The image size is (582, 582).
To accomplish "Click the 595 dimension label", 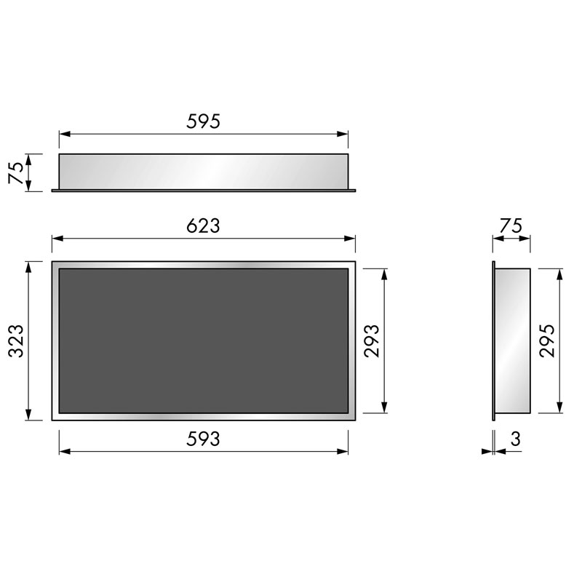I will coord(203,121).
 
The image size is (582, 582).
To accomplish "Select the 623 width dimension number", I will coord(203,226).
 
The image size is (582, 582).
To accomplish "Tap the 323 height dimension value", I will coord(16,340).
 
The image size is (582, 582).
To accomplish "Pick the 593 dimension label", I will coord(203,439).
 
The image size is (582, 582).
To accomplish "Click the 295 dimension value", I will coord(548,340).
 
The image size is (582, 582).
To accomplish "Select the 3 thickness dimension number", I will coord(515,439).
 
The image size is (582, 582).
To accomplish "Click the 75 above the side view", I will coord(511,226).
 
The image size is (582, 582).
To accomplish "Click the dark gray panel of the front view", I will coord(203,340).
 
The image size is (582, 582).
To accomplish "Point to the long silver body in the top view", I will coord(203,171).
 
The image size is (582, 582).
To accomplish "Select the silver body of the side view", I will coord(514,340).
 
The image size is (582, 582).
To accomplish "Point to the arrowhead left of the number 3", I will coord(487,452).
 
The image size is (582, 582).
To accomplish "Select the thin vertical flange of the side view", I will coord(493,340).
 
